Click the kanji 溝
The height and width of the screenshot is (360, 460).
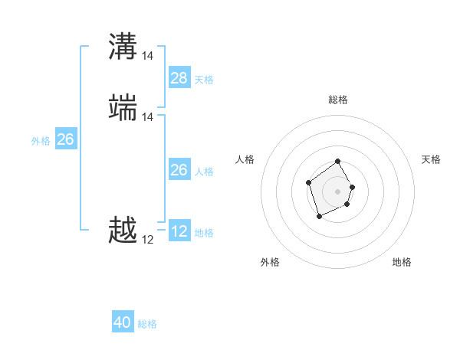(x=123, y=47)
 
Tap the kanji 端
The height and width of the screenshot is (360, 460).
(x=123, y=108)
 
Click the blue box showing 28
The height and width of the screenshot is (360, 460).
(x=179, y=78)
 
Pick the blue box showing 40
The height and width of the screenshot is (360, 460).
(x=123, y=322)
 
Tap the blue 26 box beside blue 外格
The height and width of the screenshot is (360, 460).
(x=65, y=139)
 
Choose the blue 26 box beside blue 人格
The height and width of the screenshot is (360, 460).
(x=179, y=170)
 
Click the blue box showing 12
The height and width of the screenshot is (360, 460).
(x=179, y=231)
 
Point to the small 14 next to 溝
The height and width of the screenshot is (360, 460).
(x=148, y=55)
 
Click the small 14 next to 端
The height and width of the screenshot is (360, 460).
(x=148, y=117)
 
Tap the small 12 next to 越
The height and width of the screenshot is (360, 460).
(x=148, y=239)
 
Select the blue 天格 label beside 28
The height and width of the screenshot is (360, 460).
(x=204, y=80)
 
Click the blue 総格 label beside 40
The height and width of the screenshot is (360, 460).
(x=147, y=324)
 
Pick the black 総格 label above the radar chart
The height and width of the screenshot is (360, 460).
(x=338, y=100)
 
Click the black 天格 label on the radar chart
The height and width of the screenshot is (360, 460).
(x=431, y=159)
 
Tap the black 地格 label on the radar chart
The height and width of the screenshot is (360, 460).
(x=402, y=262)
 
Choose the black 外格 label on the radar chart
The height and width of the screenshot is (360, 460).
(x=270, y=262)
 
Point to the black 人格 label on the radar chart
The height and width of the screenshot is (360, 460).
(x=245, y=159)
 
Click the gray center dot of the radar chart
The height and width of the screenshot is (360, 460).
(x=337, y=191)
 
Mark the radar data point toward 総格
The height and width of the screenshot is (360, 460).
(x=337, y=162)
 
